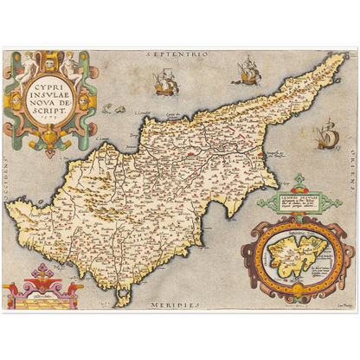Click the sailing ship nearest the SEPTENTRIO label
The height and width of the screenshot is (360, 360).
[x=164, y=82]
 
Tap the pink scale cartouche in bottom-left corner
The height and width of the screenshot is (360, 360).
[x=37, y=288]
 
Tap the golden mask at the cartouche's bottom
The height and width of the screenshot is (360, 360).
[x=50, y=138]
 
